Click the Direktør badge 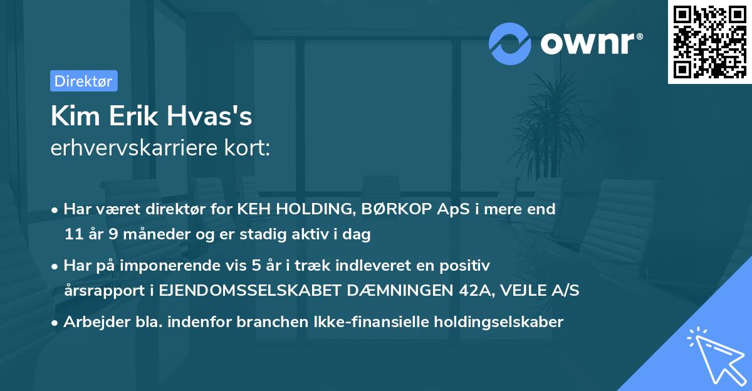(x=83, y=81)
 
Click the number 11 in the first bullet (x=72, y=234)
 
